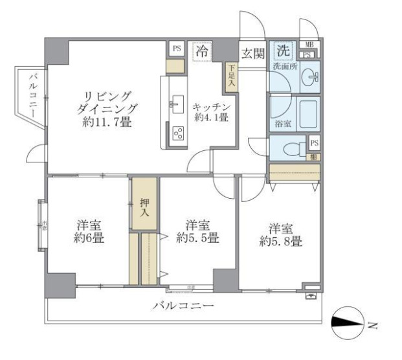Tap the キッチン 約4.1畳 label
coord(210,111)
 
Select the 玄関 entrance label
coord(252,54)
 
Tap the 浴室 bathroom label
coord(282,123)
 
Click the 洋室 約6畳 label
coord(89,232)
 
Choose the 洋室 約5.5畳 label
coord(197,232)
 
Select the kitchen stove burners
coord(177,134)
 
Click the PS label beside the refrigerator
coord(176,49)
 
